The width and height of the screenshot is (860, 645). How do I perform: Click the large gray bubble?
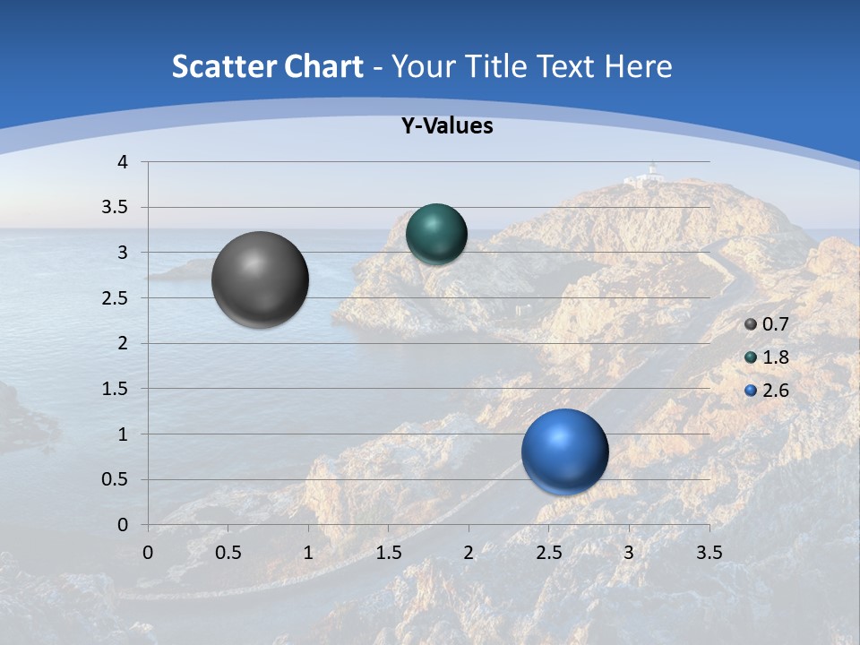coord(261,279)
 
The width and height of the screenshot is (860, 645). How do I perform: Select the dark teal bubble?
coord(436,234)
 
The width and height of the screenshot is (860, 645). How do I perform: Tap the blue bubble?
coord(564,451)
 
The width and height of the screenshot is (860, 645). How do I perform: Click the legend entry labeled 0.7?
coord(767,324)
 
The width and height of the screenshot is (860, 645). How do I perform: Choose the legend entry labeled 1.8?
coord(767,357)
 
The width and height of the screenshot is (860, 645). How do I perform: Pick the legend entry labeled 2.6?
coord(767,391)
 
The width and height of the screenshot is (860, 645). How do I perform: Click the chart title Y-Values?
coord(447,126)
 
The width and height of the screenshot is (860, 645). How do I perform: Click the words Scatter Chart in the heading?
coord(267,66)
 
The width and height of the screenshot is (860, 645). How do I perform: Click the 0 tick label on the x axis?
coord(149,552)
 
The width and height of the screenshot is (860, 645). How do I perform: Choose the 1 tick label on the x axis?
coord(308,552)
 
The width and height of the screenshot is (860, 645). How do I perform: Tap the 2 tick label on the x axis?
coord(469,552)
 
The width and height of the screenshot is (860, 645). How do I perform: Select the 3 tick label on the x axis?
coord(629,552)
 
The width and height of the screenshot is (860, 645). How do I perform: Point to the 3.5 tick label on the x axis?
coord(709,552)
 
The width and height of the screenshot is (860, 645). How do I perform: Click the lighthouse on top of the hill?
coord(652,170)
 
